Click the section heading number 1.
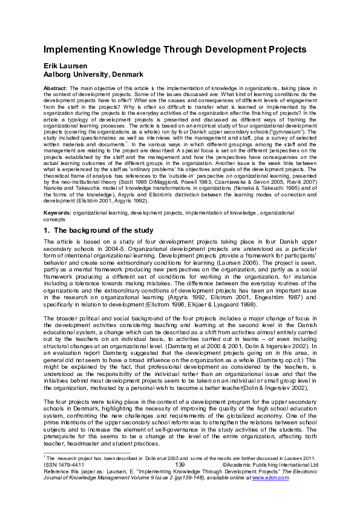pos(46,231)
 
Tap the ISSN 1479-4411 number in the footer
pos(63,465)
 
